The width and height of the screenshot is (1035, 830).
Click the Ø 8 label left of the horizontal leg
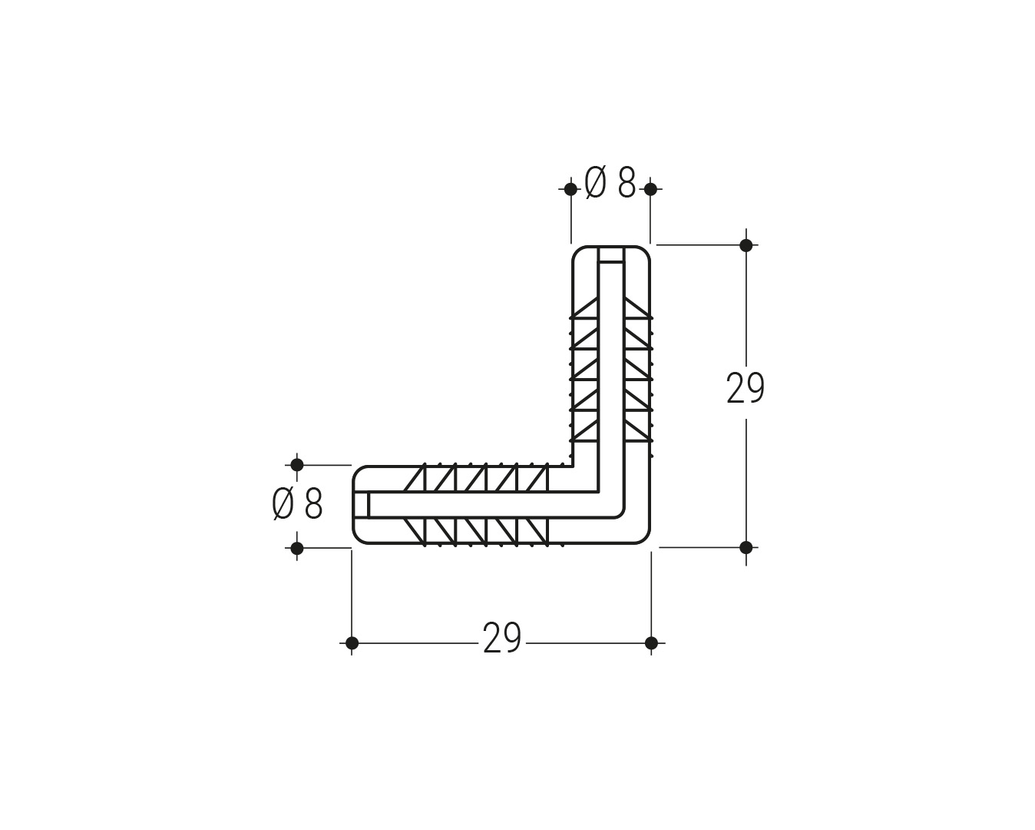297,503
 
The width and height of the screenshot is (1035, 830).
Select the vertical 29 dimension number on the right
745,389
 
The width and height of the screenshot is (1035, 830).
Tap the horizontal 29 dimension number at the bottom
502,639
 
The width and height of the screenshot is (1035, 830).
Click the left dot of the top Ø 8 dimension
571,189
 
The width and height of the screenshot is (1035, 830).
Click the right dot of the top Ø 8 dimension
651,189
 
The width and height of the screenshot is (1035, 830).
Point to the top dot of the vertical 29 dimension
746,245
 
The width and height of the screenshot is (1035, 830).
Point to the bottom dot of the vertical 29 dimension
746,547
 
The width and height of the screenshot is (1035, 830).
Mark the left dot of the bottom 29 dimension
352,642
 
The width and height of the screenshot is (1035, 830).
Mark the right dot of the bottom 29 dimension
651,642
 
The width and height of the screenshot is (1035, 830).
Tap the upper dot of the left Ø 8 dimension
297,465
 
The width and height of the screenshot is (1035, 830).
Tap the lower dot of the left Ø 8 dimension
297,548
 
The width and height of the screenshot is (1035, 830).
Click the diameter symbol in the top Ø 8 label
595,183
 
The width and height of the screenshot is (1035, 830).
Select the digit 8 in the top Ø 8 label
627,183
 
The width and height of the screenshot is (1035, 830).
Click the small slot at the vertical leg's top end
611,255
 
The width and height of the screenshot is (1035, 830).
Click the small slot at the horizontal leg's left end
361,505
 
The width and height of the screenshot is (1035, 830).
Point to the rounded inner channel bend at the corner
620,513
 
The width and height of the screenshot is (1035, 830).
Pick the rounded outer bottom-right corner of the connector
643,536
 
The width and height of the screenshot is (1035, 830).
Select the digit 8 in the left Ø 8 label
313,504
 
